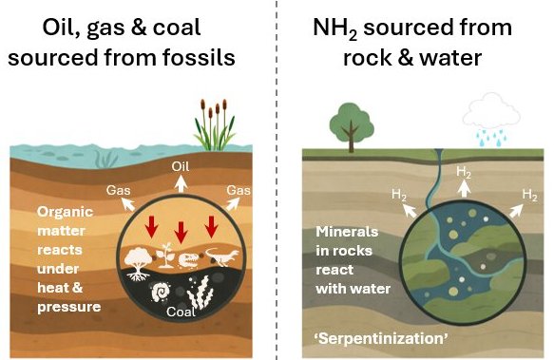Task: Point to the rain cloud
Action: (x=487, y=117)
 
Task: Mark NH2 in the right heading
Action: (x=338, y=28)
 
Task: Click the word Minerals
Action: (x=346, y=233)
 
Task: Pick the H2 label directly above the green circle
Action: (x=465, y=172)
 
